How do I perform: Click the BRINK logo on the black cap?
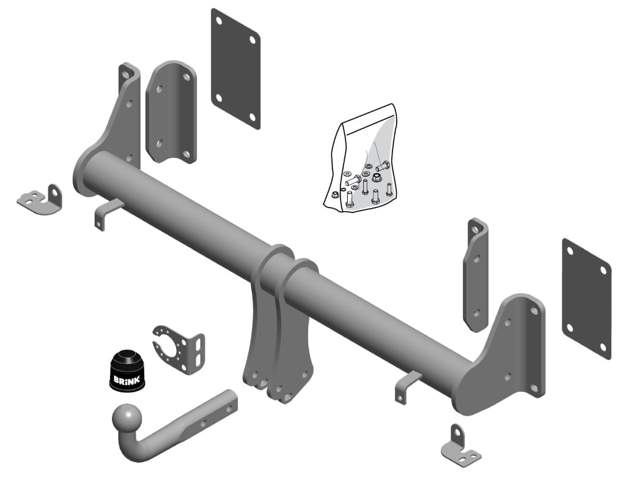coord(127,379)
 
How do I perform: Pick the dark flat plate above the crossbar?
coord(235,69)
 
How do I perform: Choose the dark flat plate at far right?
coord(586,299)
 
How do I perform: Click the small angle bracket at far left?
coord(40,200)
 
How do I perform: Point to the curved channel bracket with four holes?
coord(171,112)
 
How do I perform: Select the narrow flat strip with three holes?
coord(476,275)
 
